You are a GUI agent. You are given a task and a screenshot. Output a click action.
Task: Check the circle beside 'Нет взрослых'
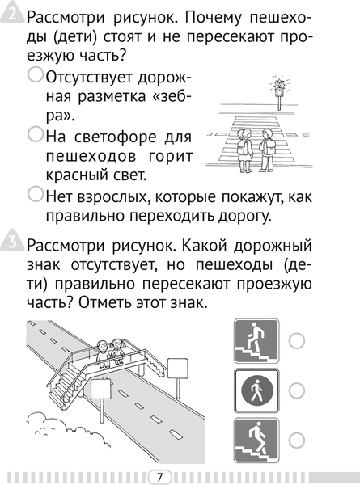click(x=36, y=193)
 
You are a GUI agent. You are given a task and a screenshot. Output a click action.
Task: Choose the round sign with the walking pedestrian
click(x=256, y=391)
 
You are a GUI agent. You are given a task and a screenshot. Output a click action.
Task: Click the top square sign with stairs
click(x=256, y=341)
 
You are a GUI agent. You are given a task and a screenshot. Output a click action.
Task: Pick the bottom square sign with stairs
click(x=256, y=441)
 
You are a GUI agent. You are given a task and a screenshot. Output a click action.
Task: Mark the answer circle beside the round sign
click(x=297, y=391)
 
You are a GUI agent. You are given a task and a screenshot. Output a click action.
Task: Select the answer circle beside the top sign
click(x=297, y=341)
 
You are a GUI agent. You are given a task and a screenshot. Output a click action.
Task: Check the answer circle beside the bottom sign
click(x=297, y=441)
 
